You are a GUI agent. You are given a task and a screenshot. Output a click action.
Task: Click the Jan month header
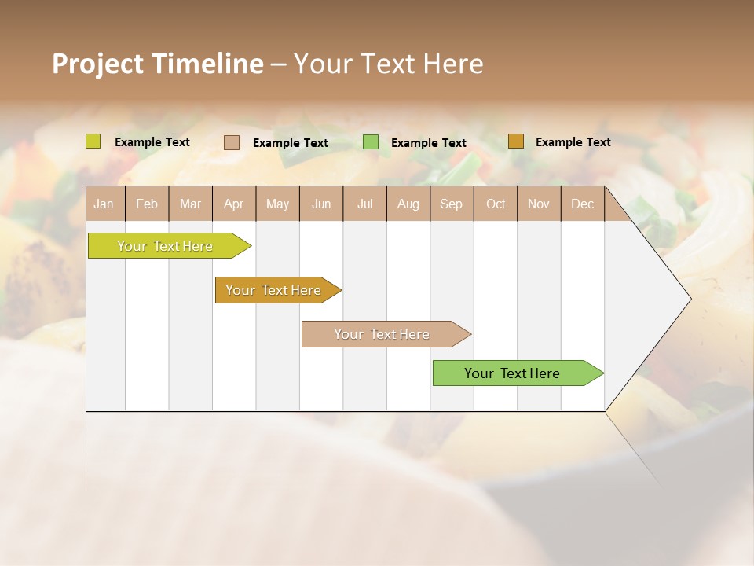coord(104,204)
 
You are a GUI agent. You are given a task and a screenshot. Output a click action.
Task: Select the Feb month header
coord(147,204)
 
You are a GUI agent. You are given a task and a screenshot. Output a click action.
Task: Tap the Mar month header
coord(190,204)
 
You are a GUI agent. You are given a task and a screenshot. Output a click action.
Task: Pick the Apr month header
coord(233,204)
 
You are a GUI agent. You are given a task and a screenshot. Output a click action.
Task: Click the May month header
coord(277,204)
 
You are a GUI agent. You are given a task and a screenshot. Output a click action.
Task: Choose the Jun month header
coord(321,204)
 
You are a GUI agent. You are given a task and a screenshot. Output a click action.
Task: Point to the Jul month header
coord(364,204)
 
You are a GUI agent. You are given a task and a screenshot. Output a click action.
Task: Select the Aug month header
coord(408,204)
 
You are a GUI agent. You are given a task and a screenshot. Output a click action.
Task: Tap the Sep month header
coord(451,204)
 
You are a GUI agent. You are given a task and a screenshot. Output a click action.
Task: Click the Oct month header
coord(496,204)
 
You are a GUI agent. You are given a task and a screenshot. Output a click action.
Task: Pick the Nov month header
coord(539,204)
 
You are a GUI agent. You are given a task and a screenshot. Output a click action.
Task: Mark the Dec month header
coord(582,204)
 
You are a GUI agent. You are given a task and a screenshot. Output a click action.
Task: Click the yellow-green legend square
coord(93,141)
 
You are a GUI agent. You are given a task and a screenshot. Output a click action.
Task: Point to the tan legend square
coord(232,142)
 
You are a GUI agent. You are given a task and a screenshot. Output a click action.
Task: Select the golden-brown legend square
coord(515,141)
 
